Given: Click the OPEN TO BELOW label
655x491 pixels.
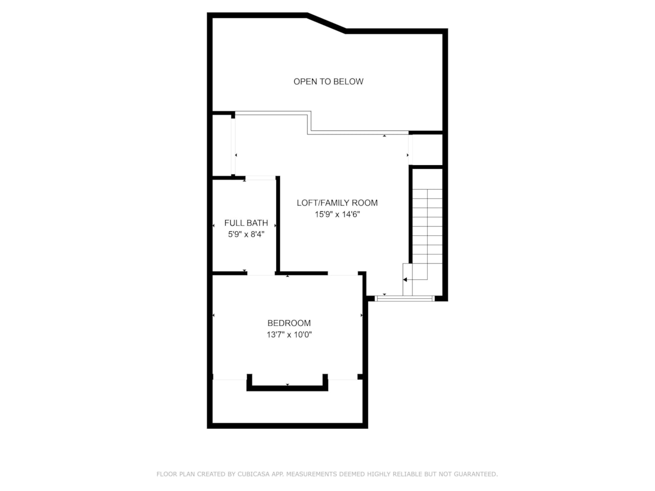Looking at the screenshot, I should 328,81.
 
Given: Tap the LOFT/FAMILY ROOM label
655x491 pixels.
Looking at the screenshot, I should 337,203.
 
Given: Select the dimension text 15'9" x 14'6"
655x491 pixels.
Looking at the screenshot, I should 337,215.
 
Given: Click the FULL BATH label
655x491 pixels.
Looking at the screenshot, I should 246,223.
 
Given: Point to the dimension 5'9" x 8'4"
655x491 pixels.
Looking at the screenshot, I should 246,235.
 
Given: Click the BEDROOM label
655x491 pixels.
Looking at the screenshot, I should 289,323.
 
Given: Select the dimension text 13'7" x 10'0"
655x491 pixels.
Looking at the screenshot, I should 289,335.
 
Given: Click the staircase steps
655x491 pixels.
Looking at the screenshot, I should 427,225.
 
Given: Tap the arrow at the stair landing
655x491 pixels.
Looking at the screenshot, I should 405,280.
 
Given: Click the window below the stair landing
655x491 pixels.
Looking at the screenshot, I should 405,298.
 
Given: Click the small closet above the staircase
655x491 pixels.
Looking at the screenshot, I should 426,149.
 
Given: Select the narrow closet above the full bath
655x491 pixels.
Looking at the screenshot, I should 223,146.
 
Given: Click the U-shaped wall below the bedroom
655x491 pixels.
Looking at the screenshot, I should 287,388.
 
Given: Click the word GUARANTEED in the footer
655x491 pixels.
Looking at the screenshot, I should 475,474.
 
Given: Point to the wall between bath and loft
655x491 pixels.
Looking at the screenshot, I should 278,225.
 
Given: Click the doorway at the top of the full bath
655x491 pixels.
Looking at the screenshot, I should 260,178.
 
